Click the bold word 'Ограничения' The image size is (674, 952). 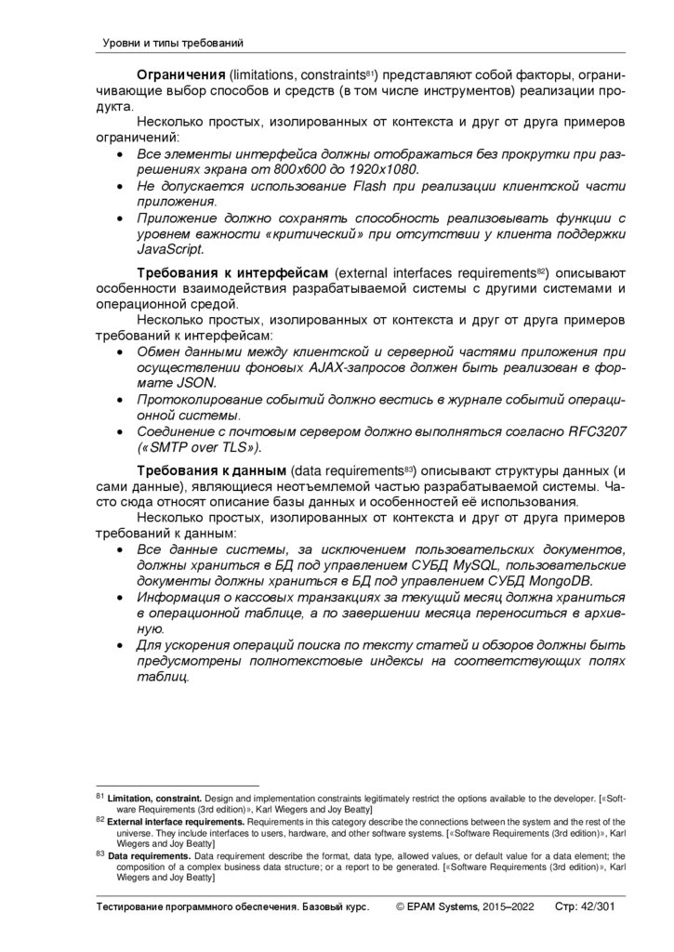point(180,73)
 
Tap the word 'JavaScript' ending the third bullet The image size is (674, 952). point(169,249)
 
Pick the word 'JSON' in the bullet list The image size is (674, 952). point(193,382)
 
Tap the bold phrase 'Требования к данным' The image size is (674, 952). point(213,471)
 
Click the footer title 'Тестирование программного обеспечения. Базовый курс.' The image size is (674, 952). point(232,906)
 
